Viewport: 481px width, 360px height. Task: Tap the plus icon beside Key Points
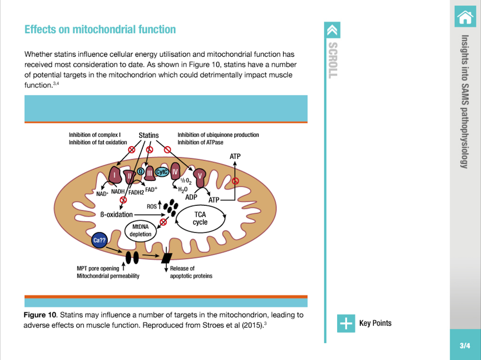(346, 323)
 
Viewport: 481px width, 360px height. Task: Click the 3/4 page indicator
(465, 346)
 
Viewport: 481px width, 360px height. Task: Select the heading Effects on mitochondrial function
(100, 30)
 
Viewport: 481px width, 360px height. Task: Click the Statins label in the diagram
(149, 135)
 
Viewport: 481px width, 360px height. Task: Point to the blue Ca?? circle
(99, 241)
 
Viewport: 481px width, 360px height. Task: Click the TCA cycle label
(200, 218)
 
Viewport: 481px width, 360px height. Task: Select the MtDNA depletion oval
(141, 231)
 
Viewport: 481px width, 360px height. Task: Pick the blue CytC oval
(162, 172)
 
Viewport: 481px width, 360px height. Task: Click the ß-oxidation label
(116, 214)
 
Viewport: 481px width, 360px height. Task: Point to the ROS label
(151, 207)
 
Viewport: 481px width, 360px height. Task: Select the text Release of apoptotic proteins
(191, 272)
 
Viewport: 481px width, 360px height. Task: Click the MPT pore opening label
(98, 269)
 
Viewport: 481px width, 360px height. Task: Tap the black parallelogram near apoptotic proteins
(167, 258)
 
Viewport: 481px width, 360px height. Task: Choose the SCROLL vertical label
(332, 60)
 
